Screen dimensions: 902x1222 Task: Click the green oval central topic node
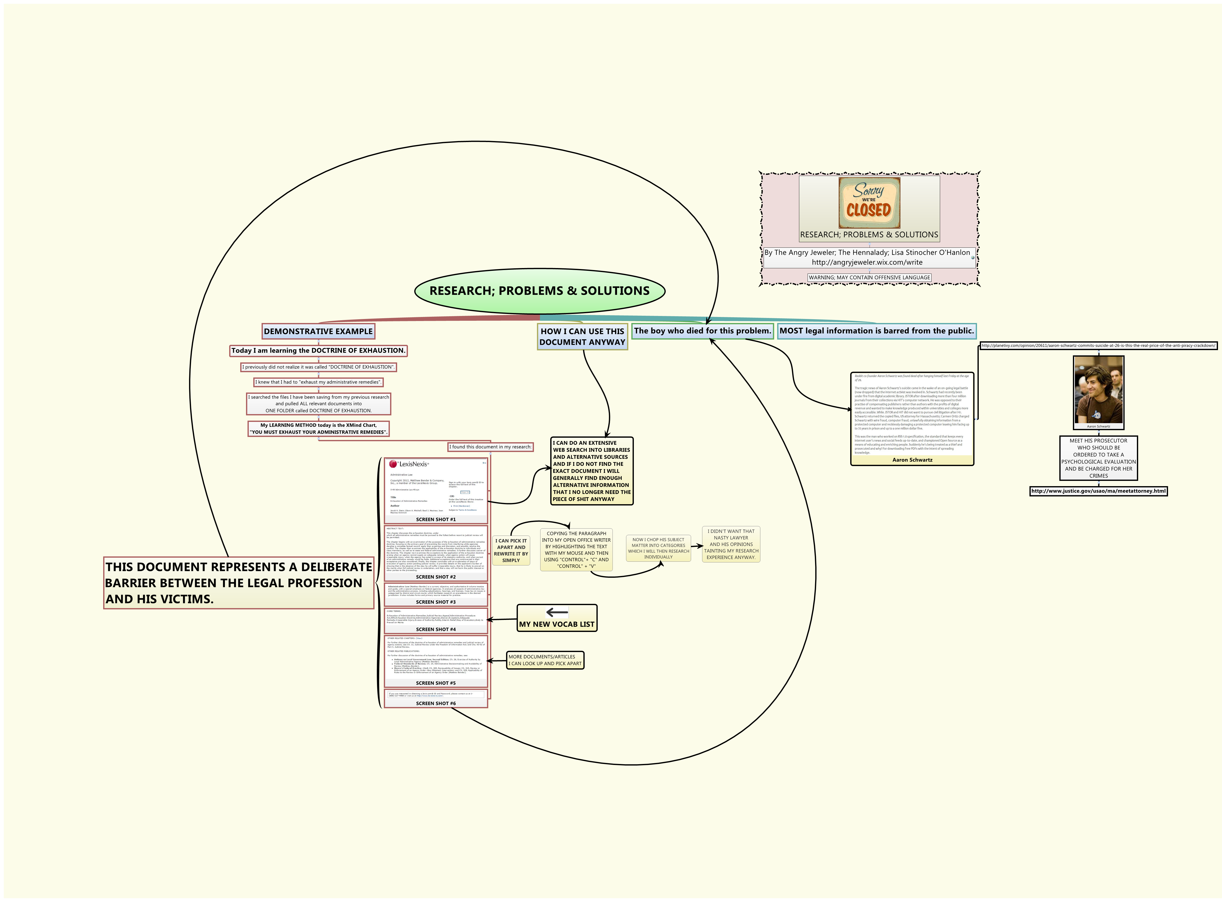coord(539,290)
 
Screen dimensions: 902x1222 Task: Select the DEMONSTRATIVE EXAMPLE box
coord(318,332)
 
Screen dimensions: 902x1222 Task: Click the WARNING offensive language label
coord(869,277)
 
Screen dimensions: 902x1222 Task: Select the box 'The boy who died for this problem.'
coord(702,331)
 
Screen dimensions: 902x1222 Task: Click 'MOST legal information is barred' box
coord(876,331)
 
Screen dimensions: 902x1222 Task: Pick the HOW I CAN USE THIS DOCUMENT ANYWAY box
coord(582,337)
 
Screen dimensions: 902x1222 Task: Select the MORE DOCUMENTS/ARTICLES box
coord(545,660)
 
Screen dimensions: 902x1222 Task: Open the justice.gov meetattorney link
coord(1098,491)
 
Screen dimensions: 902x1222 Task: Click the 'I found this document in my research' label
coord(490,447)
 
